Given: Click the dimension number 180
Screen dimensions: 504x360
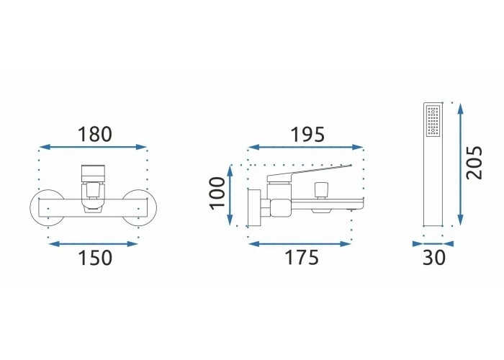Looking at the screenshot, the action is tap(95, 135).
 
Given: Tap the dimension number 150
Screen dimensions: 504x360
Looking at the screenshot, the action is tap(95, 258).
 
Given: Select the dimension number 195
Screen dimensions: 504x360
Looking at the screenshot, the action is tap(307, 135).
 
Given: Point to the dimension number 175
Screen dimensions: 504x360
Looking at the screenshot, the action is tap(302, 258).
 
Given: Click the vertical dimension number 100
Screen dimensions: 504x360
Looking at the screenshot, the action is tap(217, 193).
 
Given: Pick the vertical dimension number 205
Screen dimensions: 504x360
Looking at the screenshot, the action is tap(474, 163).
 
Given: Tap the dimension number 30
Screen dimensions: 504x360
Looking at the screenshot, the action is tap(434, 258).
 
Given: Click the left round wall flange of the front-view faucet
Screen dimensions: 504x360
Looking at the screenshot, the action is tap(47, 207).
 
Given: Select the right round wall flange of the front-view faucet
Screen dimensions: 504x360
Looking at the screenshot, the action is tap(139, 207).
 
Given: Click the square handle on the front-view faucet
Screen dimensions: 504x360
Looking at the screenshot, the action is tap(93, 174).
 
